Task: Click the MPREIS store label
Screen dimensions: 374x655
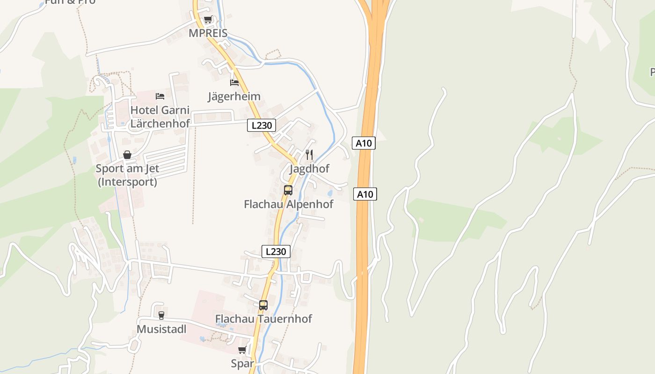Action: (x=208, y=33)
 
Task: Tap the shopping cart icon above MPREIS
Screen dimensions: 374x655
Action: (x=208, y=20)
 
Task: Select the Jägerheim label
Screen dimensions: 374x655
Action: (x=234, y=96)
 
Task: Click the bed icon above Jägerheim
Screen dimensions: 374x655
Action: (x=234, y=83)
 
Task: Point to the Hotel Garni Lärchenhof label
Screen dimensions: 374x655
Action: (x=160, y=117)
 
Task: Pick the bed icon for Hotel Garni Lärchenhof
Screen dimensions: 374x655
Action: (x=160, y=96)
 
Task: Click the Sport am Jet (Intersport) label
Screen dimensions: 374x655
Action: (x=127, y=175)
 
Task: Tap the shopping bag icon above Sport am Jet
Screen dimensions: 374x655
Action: (x=127, y=155)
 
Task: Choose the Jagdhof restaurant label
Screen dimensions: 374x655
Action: (x=309, y=169)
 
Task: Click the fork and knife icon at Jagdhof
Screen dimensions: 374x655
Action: (x=309, y=154)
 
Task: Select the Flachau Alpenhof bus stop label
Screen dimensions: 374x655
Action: (x=289, y=204)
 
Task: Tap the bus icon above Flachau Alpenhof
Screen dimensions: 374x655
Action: (x=288, y=190)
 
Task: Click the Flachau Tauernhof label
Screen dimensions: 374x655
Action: (x=263, y=319)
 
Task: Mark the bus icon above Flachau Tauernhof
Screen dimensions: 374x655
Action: (x=263, y=305)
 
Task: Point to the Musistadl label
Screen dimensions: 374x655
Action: (x=161, y=329)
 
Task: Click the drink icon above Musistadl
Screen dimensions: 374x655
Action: (x=161, y=316)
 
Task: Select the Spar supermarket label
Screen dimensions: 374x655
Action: (x=242, y=363)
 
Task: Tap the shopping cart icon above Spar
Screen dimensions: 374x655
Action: (x=242, y=350)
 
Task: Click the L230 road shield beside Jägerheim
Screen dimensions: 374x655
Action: (x=262, y=125)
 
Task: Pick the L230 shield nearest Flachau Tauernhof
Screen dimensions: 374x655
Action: (x=276, y=252)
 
